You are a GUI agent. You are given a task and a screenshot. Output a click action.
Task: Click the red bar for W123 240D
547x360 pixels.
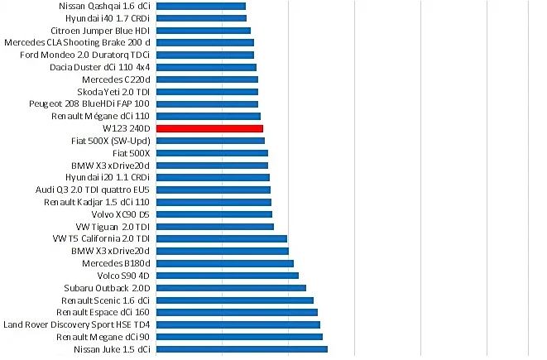209,128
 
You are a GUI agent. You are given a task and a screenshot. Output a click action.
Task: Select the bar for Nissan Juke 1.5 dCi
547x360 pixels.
242,349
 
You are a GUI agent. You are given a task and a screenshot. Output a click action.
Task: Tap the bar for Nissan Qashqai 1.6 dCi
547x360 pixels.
200,6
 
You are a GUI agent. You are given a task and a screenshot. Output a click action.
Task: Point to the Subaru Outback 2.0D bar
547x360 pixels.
231,288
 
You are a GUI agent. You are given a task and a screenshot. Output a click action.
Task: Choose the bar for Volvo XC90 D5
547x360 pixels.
214,214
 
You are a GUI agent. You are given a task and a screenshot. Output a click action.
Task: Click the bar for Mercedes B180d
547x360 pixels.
224,263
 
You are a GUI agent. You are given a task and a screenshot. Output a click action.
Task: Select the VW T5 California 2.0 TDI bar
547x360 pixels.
221,238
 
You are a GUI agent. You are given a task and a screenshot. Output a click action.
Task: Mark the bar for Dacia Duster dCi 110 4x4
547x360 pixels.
206,67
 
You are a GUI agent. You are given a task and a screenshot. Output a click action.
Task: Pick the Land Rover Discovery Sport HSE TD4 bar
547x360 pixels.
238,324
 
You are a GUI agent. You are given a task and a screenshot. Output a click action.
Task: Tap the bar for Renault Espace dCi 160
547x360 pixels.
237,313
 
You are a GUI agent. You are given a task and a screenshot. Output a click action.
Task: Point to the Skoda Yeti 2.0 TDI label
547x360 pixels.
113,92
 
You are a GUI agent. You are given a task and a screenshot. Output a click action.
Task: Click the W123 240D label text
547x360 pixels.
127,128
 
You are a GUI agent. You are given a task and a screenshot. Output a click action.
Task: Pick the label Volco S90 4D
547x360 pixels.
123,276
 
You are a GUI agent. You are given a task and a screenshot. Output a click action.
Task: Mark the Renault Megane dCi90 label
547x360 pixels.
103,337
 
